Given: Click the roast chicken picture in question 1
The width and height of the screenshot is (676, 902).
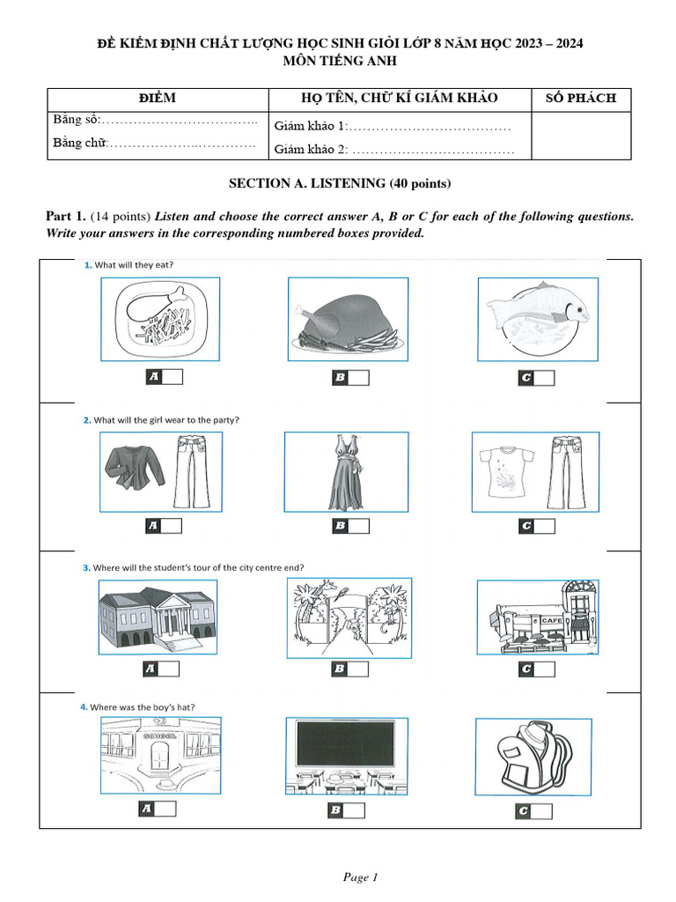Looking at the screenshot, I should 348,319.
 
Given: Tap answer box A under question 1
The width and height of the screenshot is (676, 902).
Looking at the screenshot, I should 163,377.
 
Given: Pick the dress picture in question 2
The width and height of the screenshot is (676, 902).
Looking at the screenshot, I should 346,471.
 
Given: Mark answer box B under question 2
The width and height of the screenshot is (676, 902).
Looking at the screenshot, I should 350,527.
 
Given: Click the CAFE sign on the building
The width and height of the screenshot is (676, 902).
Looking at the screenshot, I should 551,621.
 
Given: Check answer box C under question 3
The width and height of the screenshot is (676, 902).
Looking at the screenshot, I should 537,669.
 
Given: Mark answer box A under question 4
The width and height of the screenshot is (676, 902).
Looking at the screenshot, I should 161,810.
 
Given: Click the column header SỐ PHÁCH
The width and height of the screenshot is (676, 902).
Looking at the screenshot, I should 581,99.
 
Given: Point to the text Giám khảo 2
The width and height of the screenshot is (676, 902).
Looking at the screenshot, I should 312,149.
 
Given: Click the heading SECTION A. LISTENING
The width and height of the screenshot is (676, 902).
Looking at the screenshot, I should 339,183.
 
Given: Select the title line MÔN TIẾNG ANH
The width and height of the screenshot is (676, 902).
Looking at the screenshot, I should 339,60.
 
